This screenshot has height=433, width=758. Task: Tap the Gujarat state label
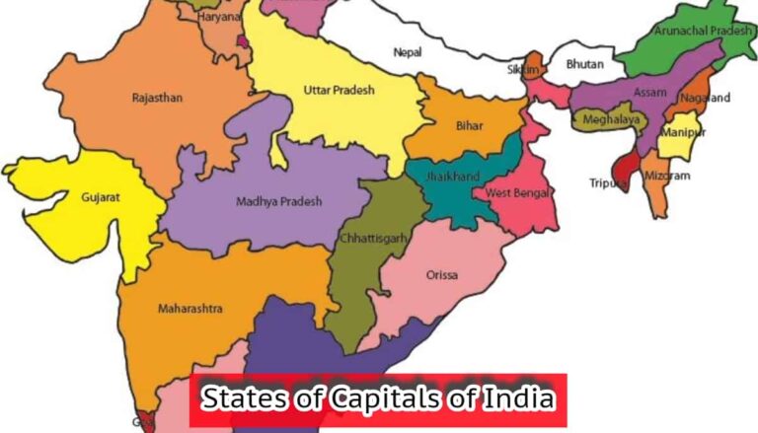coord(101,197)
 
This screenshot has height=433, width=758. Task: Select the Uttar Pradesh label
coord(339,91)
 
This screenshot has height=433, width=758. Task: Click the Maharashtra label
coord(189,309)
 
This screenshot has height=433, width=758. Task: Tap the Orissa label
coord(441,274)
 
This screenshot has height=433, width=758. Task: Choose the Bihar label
coord(470,127)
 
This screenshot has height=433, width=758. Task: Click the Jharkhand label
coord(453,177)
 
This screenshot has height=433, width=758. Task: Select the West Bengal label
coord(512,191)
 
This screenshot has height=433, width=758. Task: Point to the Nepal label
coord(408,51)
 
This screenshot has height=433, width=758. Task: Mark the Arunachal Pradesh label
coord(696,31)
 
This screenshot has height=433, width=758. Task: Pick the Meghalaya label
coord(606,119)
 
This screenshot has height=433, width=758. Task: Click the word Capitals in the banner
coord(359,400)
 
